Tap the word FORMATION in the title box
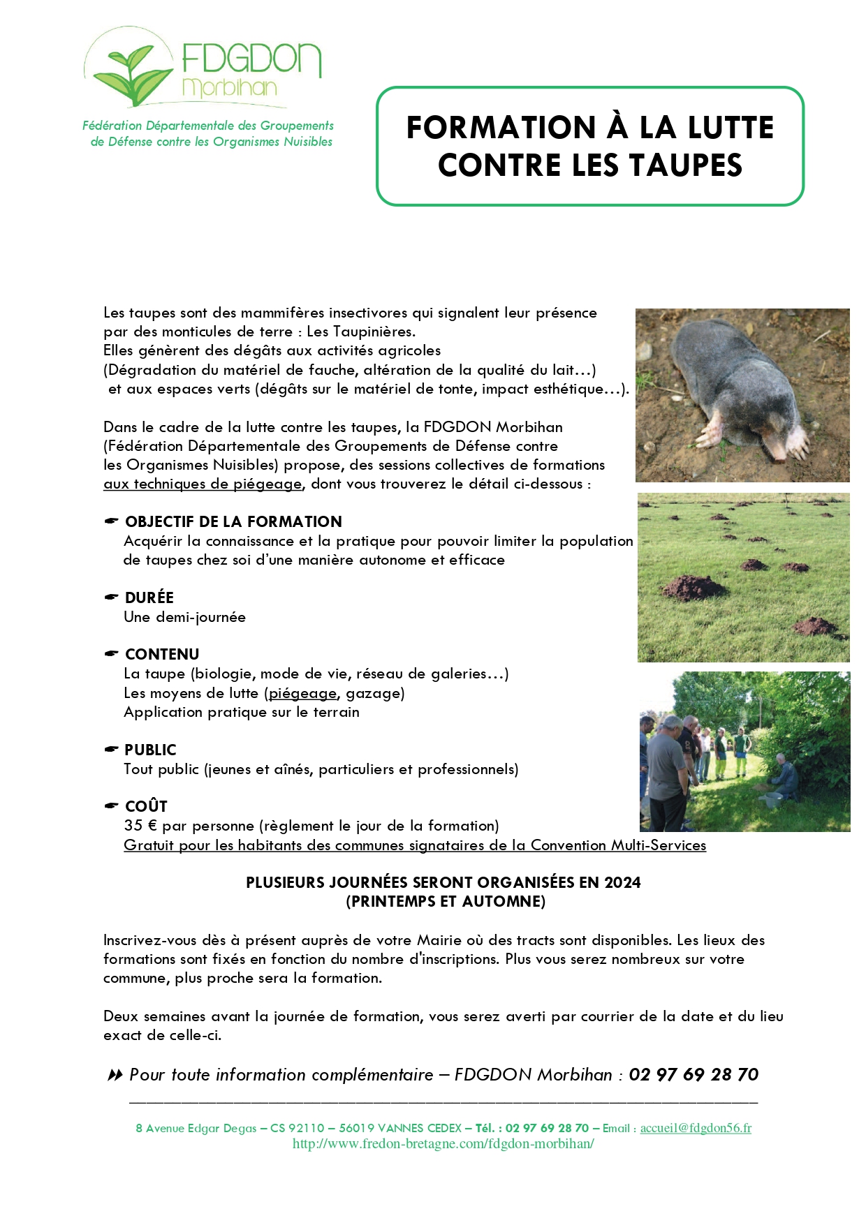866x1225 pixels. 501,128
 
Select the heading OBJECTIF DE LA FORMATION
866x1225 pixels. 233,521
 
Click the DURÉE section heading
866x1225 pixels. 149,597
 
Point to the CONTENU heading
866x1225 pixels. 162,654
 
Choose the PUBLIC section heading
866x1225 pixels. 150,750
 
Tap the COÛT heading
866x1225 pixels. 146,806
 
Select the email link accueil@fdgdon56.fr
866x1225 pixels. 696,1128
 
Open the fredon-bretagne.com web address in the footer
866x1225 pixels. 443,1144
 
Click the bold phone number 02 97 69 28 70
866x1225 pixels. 693,1074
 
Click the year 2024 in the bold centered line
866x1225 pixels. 622,882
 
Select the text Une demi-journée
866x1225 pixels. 184,617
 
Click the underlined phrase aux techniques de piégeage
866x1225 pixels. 203,484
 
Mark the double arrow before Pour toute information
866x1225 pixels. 115,1075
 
